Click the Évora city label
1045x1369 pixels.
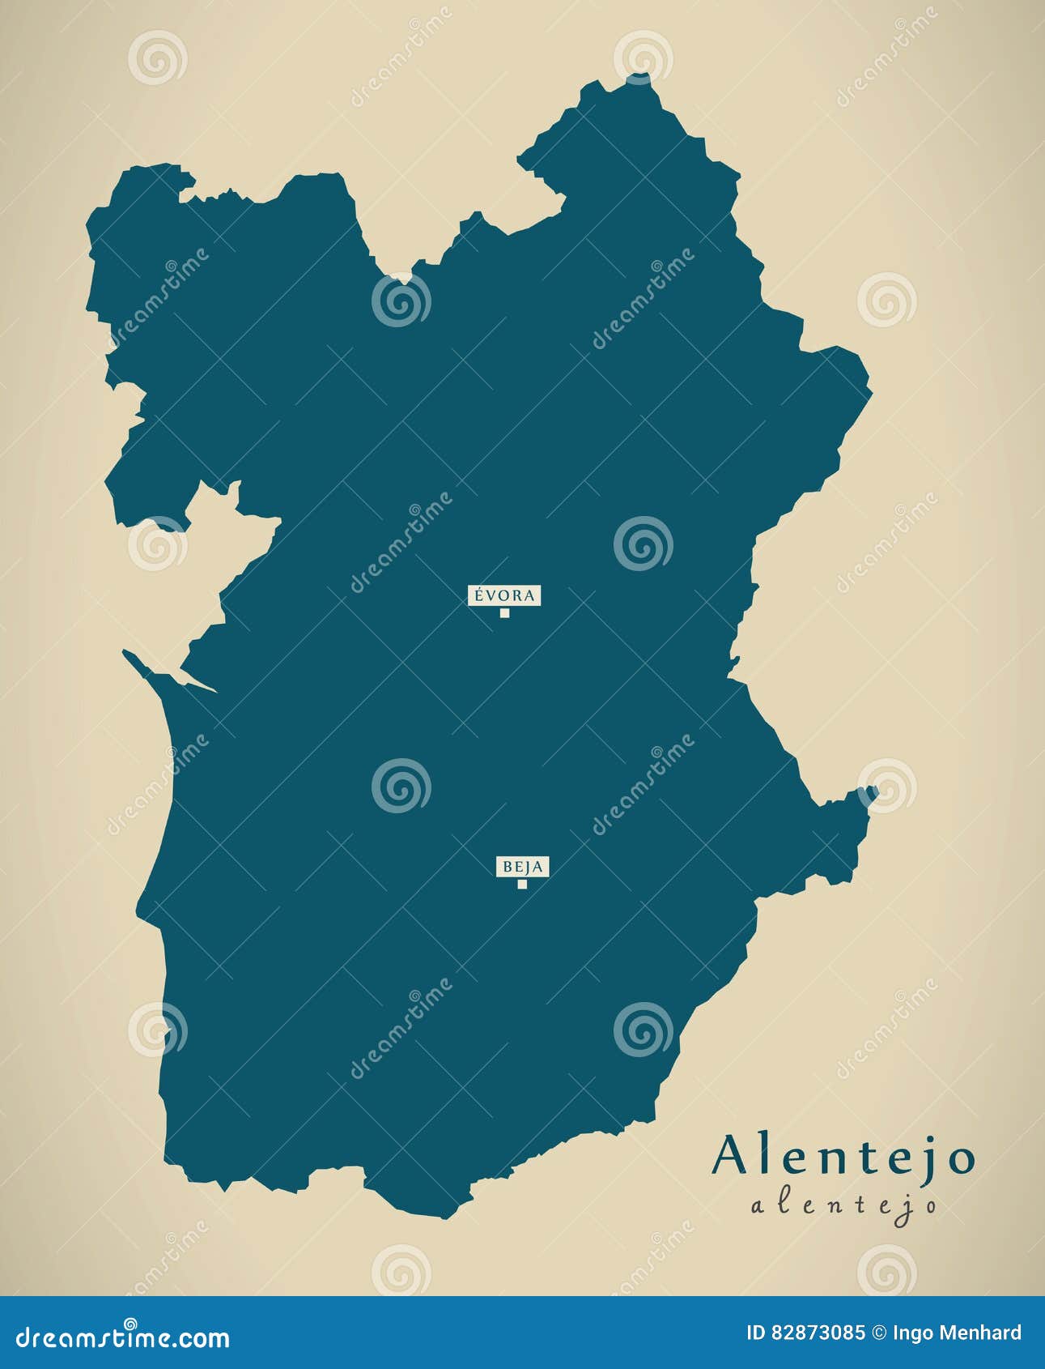tap(504, 595)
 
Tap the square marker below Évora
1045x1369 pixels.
tap(504, 613)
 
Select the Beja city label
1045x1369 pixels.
tap(522, 867)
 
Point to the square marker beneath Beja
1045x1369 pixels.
tap(522, 884)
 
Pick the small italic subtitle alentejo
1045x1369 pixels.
tap(843, 1205)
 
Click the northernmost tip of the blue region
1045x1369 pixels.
tap(639, 76)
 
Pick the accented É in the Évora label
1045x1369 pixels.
tap(479, 595)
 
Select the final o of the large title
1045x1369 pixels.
tap(961, 1160)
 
